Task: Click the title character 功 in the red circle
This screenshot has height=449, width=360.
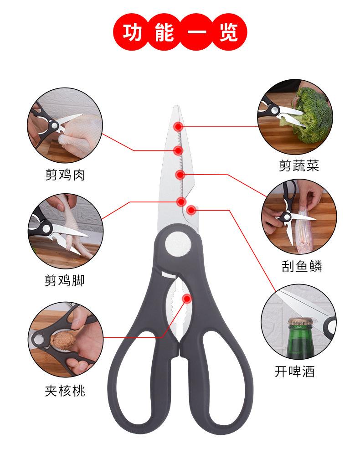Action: tap(133, 33)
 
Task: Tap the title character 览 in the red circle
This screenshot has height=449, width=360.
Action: tap(228, 33)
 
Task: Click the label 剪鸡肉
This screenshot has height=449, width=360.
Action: tap(65, 175)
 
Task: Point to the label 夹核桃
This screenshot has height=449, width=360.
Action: tap(65, 390)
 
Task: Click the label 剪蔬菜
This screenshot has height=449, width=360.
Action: tap(299, 165)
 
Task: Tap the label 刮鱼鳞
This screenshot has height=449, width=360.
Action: tap(301, 266)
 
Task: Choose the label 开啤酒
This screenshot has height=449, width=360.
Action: tap(294, 371)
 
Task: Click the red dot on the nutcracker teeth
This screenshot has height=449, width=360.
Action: tap(187, 299)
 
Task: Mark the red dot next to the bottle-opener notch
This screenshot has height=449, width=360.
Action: tap(191, 210)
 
